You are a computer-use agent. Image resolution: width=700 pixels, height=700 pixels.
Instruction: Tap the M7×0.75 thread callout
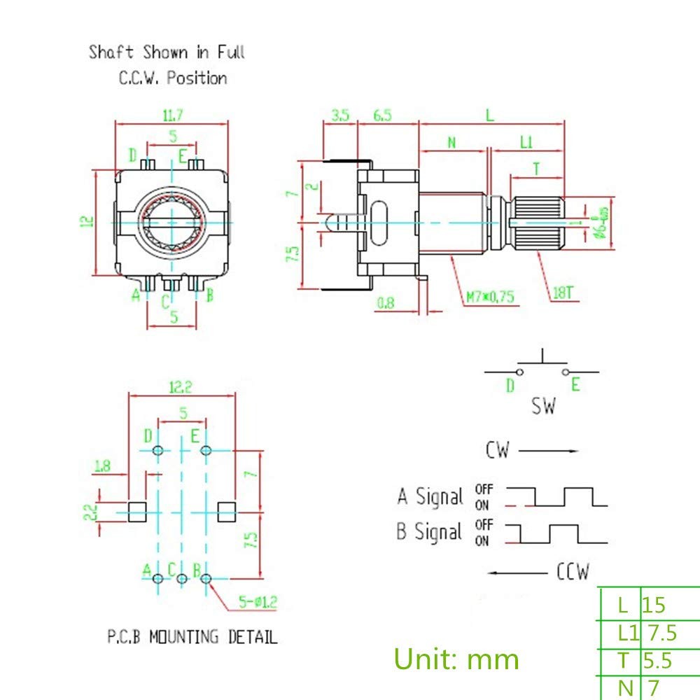coord(490,297)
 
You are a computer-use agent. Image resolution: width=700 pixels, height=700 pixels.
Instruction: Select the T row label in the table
coord(624,660)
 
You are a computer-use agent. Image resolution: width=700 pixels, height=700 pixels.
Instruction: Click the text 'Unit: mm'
coord(456,659)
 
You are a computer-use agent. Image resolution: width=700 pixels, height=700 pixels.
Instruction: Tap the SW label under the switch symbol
coord(542,406)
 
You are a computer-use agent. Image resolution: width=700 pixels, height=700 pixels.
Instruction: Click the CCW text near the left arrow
coord(573,572)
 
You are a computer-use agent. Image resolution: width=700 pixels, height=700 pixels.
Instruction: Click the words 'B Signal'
coord(429,531)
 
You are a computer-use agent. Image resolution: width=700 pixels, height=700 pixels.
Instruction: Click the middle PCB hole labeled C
coord(182,579)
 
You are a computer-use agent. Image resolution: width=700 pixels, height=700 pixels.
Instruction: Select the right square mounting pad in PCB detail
coord(227,511)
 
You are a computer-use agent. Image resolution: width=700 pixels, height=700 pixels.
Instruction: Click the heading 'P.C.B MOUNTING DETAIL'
coord(192,637)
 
